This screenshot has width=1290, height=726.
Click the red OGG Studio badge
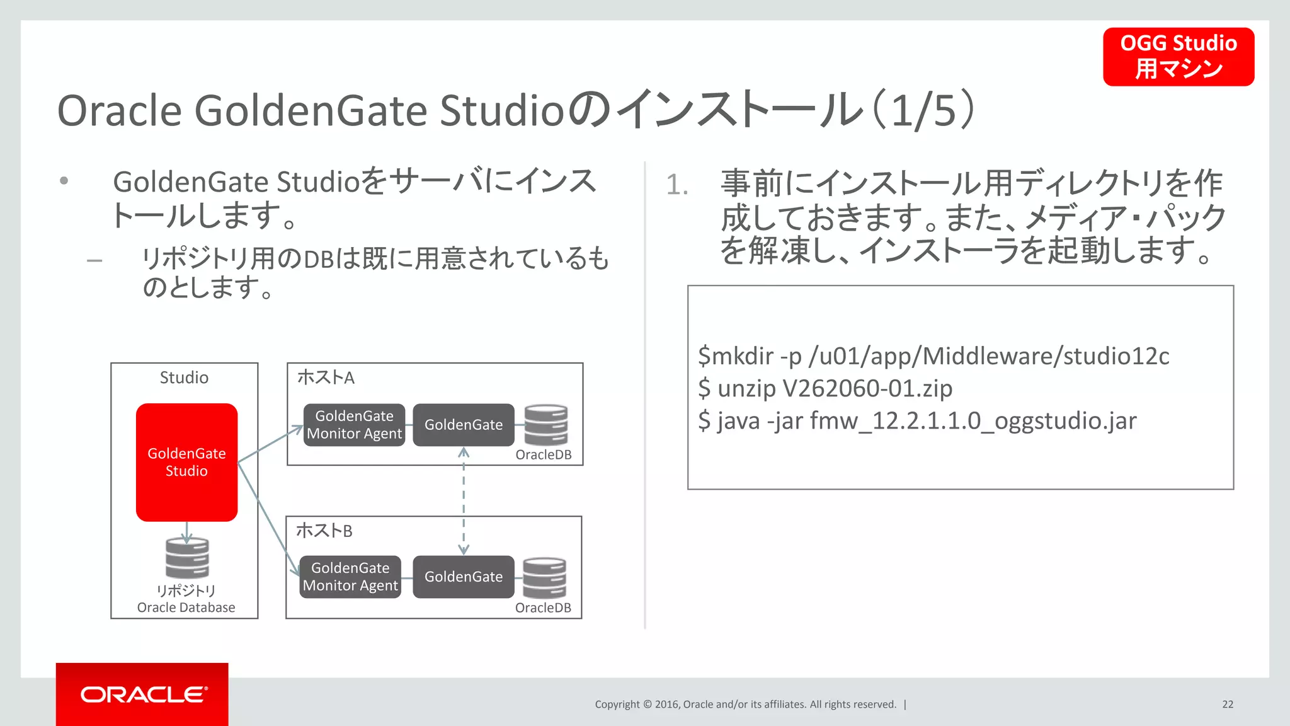1178,57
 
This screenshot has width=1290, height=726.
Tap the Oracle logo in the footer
143,694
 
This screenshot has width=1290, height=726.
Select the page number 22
1228,705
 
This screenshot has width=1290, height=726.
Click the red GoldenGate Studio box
186,462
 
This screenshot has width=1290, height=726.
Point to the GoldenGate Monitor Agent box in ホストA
354,425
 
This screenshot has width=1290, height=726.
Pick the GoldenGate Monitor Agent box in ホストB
350,577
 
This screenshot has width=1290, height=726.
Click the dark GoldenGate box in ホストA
463,425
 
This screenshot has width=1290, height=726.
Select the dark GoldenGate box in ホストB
463,577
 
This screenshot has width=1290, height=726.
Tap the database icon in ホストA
546,425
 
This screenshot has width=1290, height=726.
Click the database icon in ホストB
544,577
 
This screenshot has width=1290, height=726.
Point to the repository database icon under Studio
187,558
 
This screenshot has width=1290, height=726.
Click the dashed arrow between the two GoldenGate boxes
464,501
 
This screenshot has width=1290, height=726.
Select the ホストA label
326,377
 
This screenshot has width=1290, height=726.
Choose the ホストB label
324,531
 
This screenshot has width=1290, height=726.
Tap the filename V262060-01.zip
867,388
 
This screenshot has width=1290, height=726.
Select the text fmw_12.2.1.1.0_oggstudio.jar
973,420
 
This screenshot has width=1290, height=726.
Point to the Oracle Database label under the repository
186,608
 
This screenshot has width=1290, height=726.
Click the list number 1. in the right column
677,185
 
